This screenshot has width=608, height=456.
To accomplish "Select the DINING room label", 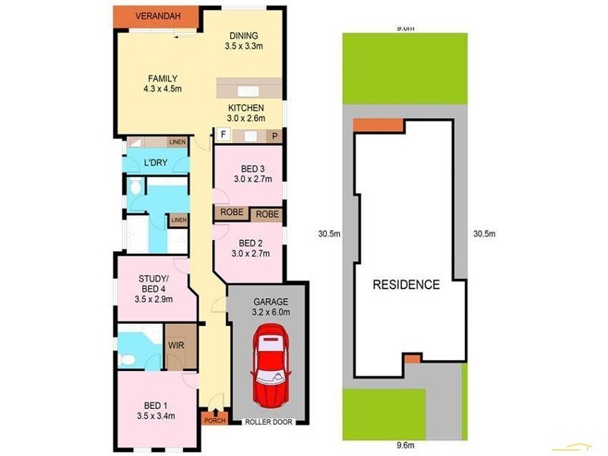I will pyautogui.click(x=242, y=36).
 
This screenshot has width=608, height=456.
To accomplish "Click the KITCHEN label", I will pyautogui.click(x=246, y=108).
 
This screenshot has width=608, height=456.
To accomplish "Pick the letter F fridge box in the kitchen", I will pyautogui.click(x=223, y=135).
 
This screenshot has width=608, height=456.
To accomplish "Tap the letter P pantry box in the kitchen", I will pyautogui.click(x=274, y=136).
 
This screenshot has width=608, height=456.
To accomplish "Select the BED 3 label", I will pyautogui.click(x=251, y=169).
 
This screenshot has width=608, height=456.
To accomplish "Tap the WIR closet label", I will pyautogui.click(x=176, y=344).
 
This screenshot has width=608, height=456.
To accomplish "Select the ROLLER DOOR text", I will pyautogui.click(x=268, y=421).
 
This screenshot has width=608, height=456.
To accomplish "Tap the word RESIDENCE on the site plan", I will pyautogui.click(x=406, y=285).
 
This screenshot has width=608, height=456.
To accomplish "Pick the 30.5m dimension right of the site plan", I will pyautogui.click(x=484, y=233).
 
